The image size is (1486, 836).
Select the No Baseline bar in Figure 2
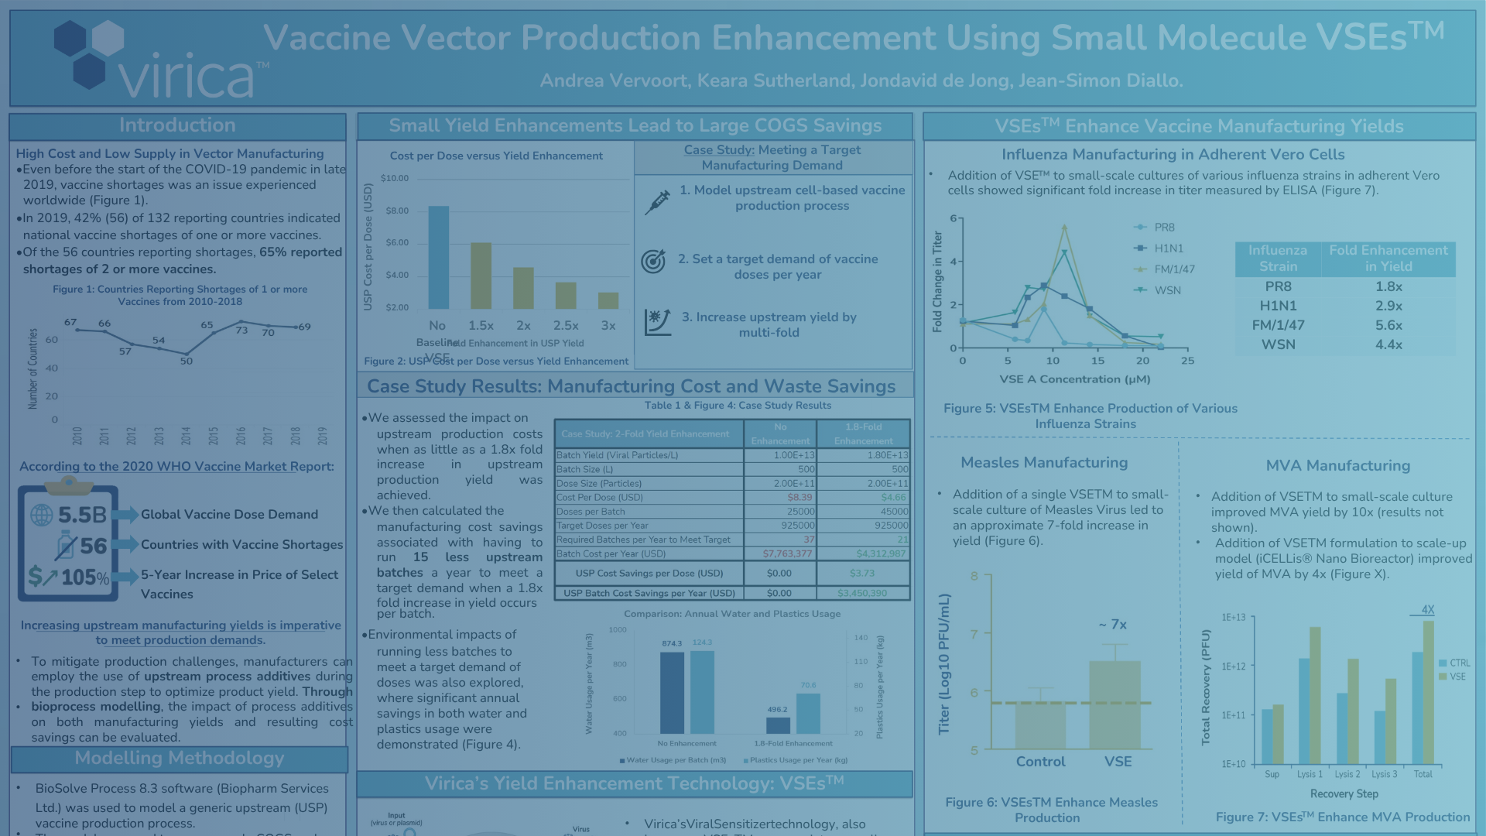[x=438, y=257]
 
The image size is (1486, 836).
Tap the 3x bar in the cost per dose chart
[x=608, y=300]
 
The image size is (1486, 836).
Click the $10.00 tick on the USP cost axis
[x=395, y=178]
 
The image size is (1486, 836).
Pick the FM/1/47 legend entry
[x=1173, y=269]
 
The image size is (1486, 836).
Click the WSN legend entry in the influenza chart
[x=1166, y=290]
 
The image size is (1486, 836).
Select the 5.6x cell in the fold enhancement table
[x=1388, y=325]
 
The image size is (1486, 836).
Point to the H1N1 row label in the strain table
[x=1278, y=306]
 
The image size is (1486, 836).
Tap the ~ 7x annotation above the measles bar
[x=1113, y=625]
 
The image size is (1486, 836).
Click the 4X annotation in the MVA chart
[x=1427, y=610]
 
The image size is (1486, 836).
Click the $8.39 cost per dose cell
[x=799, y=498]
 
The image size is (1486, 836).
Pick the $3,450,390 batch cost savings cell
[x=862, y=594]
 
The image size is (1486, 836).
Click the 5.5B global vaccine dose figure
[x=81, y=515]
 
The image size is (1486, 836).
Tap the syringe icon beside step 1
[x=657, y=202]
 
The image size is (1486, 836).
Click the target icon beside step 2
[x=653, y=262]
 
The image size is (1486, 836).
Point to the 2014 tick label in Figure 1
[x=186, y=436]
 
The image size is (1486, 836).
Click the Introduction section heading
[x=177, y=125]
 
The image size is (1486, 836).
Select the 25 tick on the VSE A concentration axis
[x=1187, y=361]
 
